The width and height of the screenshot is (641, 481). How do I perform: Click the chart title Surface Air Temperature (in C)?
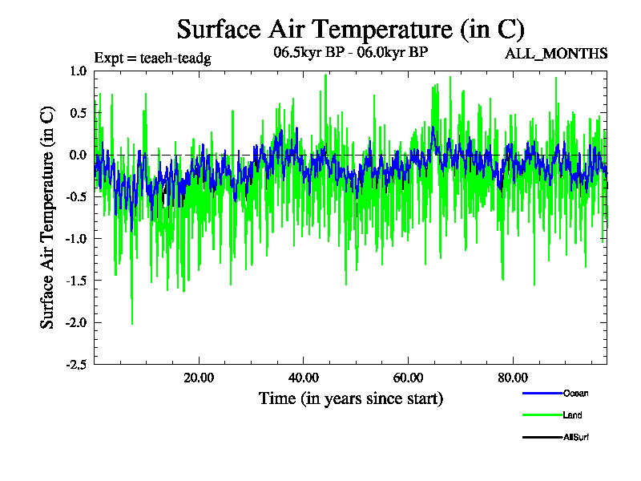[351, 30]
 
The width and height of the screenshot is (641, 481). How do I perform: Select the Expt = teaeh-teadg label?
[152, 58]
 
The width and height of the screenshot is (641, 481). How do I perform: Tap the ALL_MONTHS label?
[556, 54]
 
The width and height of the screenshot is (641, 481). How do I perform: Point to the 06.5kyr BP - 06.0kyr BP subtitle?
[351, 54]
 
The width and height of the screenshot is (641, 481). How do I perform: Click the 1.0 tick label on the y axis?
[78, 71]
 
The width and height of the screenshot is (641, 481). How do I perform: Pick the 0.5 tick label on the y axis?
[78, 113]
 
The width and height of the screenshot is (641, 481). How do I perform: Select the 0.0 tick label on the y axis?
[78, 155]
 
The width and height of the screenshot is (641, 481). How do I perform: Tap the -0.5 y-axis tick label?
[75, 196]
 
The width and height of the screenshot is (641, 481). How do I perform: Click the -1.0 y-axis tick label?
[75, 238]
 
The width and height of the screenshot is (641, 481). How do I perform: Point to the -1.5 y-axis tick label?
[75, 281]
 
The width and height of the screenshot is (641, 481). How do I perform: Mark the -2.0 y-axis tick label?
[75, 322]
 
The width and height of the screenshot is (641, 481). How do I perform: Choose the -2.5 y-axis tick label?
[75, 364]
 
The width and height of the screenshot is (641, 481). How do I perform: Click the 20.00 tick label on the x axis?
[199, 378]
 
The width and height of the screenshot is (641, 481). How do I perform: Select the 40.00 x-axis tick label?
[304, 378]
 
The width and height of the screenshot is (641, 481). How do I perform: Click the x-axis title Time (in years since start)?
[351, 398]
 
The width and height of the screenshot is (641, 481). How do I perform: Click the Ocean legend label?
[576, 393]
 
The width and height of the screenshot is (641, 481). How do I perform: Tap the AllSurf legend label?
[578, 437]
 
